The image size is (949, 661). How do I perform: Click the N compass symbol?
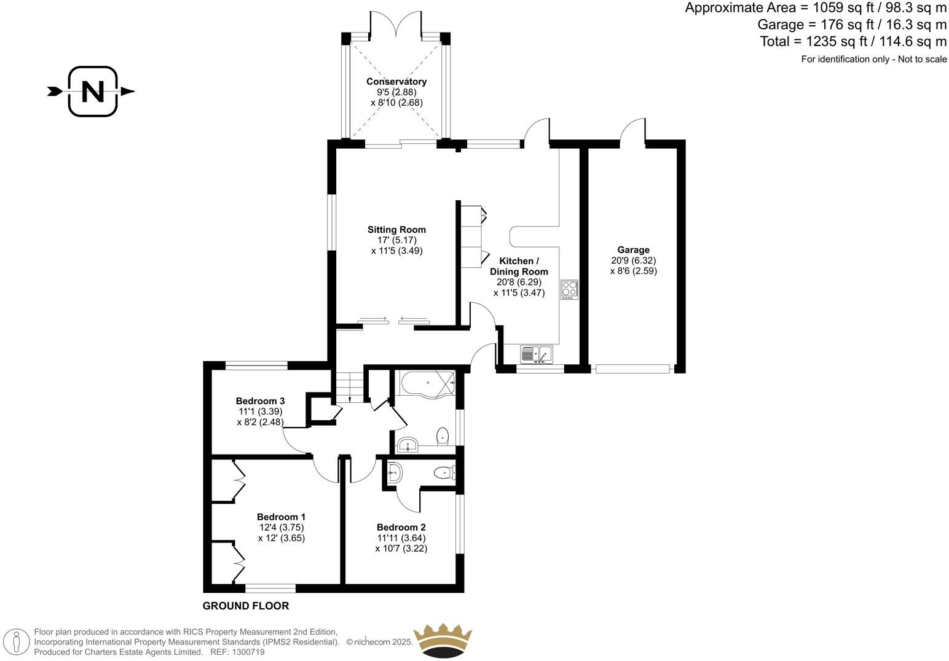(x=92, y=92)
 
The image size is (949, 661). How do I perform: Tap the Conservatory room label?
(x=396, y=82)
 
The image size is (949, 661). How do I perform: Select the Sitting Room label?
(x=396, y=230)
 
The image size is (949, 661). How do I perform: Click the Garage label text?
(x=633, y=250)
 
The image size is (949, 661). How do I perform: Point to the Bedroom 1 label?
(x=281, y=517)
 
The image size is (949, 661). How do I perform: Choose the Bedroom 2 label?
(x=401, y=528)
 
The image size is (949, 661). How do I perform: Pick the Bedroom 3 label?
(x=260, y=401)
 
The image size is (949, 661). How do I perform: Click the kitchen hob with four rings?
(x=569, y=289)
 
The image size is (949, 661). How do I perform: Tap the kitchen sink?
(x=537, y=354)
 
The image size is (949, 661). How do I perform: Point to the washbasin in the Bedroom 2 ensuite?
(x=395, y=472)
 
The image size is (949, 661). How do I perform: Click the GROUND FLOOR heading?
(x=246, y=606)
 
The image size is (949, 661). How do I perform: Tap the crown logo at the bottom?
(x=443, y=641)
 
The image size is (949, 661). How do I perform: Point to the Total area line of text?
(x=853, y=42)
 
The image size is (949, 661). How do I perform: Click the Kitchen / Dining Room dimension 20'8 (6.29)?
(x=519, y=283)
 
